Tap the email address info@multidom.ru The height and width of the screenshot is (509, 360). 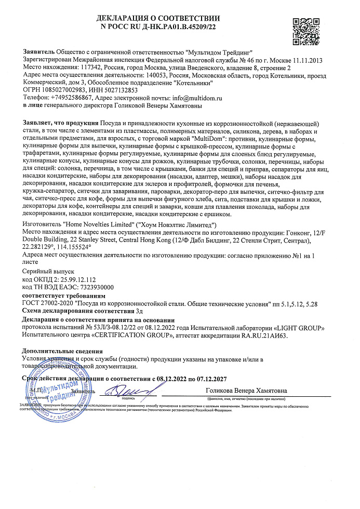(193, 97)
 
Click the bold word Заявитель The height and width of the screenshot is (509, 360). (38, 53)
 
